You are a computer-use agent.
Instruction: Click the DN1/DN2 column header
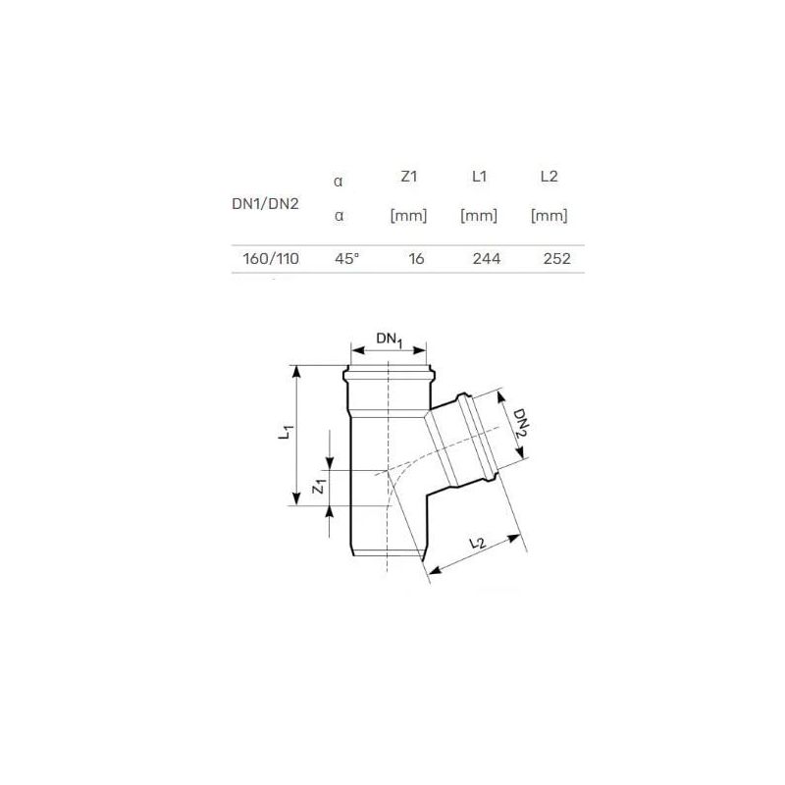(x=264, y=203)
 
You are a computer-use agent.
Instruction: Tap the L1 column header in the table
(x=479, y=177)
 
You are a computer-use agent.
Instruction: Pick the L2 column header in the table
(x=549, y=177)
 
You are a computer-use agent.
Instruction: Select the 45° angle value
(x=347, y=259)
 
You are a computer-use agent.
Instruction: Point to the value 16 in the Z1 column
(x=416, y=259)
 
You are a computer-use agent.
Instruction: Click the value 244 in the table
(x=486, y=259)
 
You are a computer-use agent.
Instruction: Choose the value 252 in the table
(x=555, y=259)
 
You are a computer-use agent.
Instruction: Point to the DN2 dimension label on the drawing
(x=522, y=421)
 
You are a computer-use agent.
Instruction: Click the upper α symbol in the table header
(x=339, y=182)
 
